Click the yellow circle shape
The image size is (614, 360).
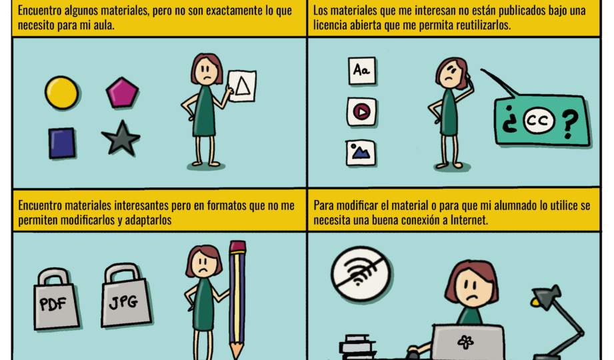[x=61, y=93]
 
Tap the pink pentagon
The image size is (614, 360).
[x=122, y=93]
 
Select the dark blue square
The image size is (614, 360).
[x=62, y=143]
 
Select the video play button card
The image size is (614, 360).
[x=361, y=112]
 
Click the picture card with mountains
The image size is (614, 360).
[x=361, y=152]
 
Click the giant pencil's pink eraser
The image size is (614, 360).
[x=237, y=247]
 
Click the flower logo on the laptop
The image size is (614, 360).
[x=465, y=342]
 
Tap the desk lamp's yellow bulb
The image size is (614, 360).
[x=535, y=302]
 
